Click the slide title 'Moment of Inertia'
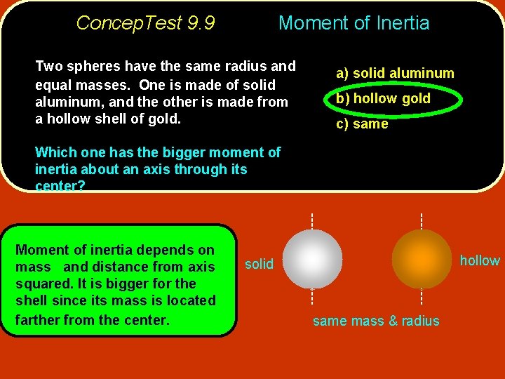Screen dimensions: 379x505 (353, 23)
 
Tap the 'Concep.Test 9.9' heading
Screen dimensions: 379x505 (145, 23)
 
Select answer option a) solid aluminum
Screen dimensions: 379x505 (395, 73)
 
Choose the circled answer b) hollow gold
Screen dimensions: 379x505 (383, 99)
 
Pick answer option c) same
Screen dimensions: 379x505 (361, 124)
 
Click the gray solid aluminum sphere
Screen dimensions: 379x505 (312, 259)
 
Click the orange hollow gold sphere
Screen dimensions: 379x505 (421, 259)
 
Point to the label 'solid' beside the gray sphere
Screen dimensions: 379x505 (259, 264)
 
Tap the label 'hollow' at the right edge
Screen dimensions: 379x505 (480, 260)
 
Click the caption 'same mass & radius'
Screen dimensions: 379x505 (376, 321)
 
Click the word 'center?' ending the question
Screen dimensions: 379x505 (60, 186)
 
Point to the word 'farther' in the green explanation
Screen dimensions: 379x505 (39, 320)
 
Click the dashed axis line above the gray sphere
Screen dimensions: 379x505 (312, 220)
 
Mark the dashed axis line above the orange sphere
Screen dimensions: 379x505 (421, 220)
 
